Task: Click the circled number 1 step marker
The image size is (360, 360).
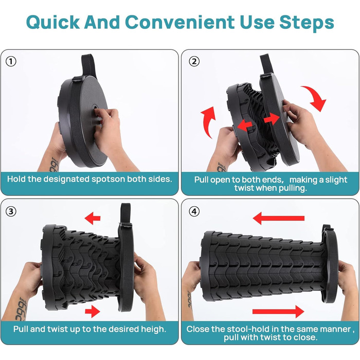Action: click(11, 61)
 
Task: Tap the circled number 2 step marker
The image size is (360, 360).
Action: click(194, 61)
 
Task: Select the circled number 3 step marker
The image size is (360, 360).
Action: click(11, 211)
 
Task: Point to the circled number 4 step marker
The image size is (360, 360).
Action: click(194, 211)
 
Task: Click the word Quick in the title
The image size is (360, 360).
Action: click(53, 23)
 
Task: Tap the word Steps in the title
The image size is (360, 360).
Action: click(307, 23)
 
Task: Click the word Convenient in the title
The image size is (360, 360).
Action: click(180, 22)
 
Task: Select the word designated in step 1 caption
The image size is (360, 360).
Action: click(66, 179)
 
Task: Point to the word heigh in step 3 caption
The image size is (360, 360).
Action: click(153, 329)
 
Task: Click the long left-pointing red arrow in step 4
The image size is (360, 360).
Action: click(279, 218)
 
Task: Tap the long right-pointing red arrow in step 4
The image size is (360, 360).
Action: click(278, 312)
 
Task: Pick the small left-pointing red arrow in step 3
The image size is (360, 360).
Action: click(93, 218)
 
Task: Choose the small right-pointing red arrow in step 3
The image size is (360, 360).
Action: click(93, 311)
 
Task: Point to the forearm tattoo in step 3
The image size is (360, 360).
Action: click(21, 308)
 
